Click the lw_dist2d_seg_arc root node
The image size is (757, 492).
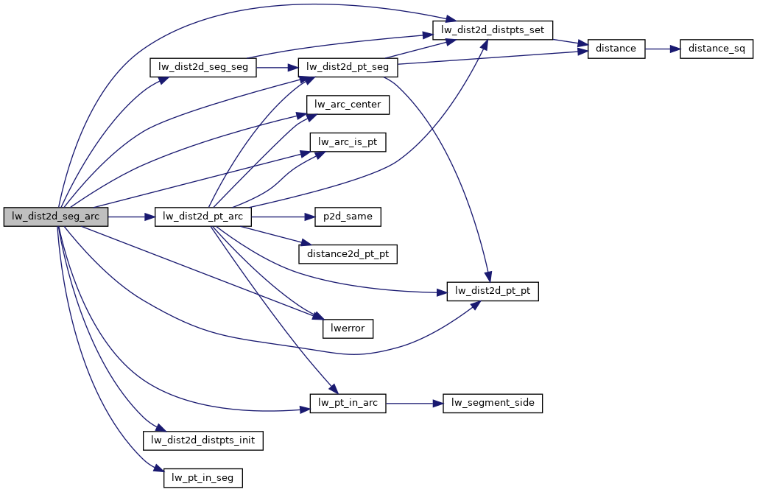[56, 217]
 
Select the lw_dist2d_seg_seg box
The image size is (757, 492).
[203, 68]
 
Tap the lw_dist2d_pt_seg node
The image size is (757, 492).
[347, 68]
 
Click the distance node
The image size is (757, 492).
[616, 49]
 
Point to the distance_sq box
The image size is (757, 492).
[716, 49]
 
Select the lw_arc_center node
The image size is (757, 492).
[348, 105]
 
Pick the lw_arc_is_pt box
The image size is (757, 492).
[348, 142]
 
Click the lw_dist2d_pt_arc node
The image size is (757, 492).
[203, 217]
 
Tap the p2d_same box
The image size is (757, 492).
[348, 217]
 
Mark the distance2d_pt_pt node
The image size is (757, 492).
[348, 254]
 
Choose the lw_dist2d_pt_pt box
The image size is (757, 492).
[493, 291]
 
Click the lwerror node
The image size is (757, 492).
[348, 328]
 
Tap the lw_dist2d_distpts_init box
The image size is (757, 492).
[203, 440]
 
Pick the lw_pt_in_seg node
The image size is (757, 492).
[203, 478]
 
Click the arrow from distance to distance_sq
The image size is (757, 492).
[662, 49]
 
